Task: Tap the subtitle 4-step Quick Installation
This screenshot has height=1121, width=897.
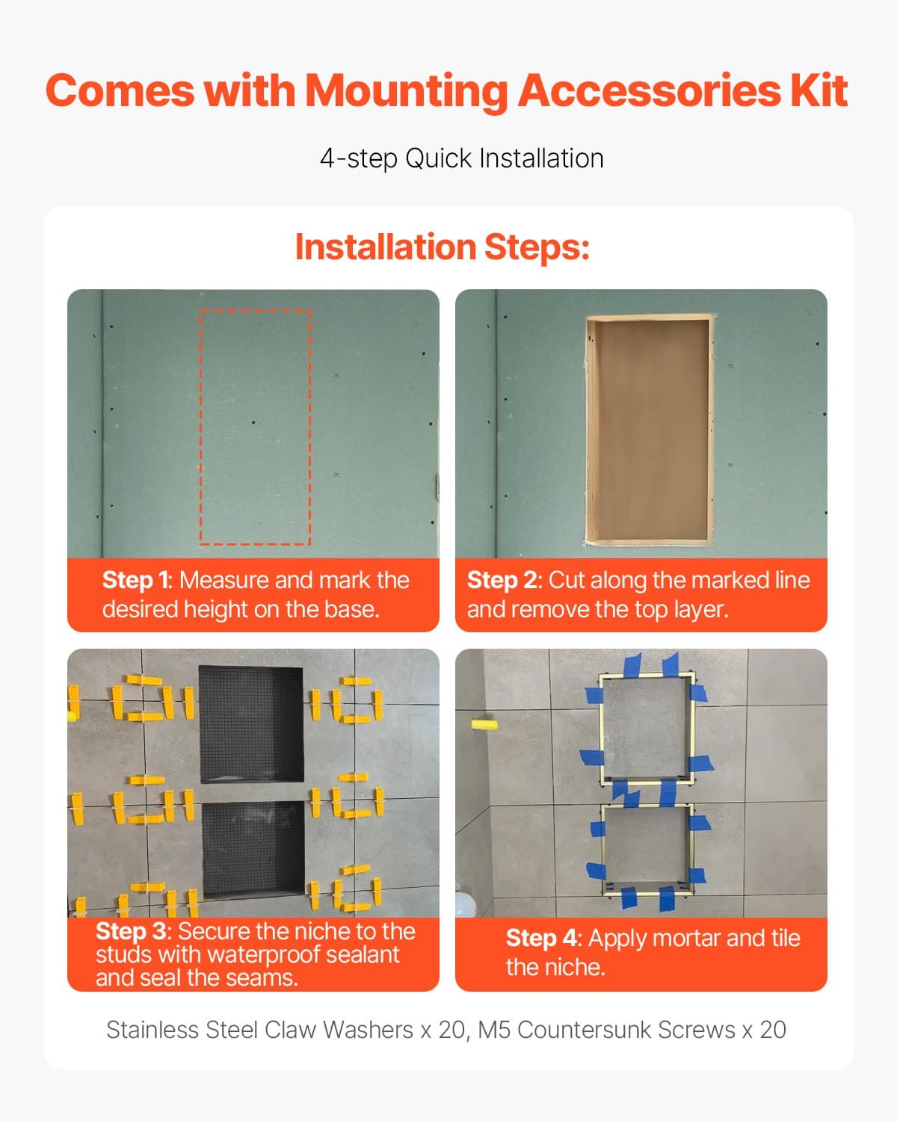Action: click(461, 158)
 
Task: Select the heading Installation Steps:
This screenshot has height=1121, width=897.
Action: click(443, 247)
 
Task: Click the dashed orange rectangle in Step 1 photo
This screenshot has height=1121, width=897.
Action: click(255, 427)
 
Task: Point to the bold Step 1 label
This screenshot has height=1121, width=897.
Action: click(135, 581)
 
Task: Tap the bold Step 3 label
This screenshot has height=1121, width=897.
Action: click(132, 931)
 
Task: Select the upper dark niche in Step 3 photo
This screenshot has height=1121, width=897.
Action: click(252, 723)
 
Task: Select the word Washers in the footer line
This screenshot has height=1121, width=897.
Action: click(368, 1030)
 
